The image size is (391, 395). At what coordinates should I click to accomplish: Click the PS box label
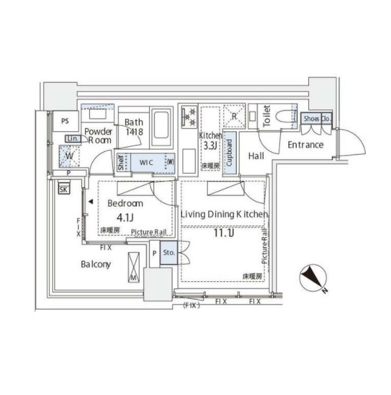pos(65,121)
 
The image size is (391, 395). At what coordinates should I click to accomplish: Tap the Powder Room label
pos(99,135)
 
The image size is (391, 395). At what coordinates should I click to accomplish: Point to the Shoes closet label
pos(310,119)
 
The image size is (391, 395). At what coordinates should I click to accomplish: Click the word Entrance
pos(305,145)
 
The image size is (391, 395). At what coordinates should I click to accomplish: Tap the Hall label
pos(256,156)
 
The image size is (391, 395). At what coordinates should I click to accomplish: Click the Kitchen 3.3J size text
pos(210,146)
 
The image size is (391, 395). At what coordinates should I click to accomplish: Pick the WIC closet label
pos(146,162)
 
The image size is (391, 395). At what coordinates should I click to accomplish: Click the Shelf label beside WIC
pos(121,163)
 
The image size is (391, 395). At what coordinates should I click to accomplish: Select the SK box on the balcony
pos(63,189)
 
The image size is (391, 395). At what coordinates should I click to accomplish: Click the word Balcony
pos(95,264)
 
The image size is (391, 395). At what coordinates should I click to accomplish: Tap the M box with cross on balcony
pos(134,266)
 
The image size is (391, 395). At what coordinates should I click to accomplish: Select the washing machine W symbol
pos(68,156)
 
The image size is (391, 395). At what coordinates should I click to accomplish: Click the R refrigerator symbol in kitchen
pos(234,116)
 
